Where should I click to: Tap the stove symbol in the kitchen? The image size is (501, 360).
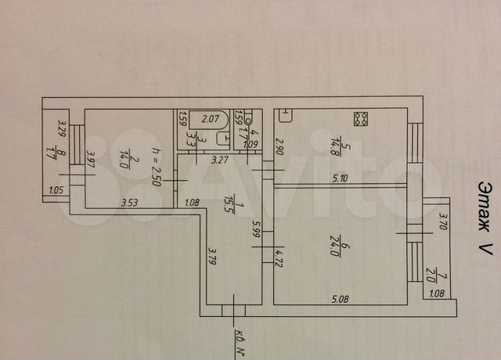[361, 120]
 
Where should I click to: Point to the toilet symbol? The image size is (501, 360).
[249, 121]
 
